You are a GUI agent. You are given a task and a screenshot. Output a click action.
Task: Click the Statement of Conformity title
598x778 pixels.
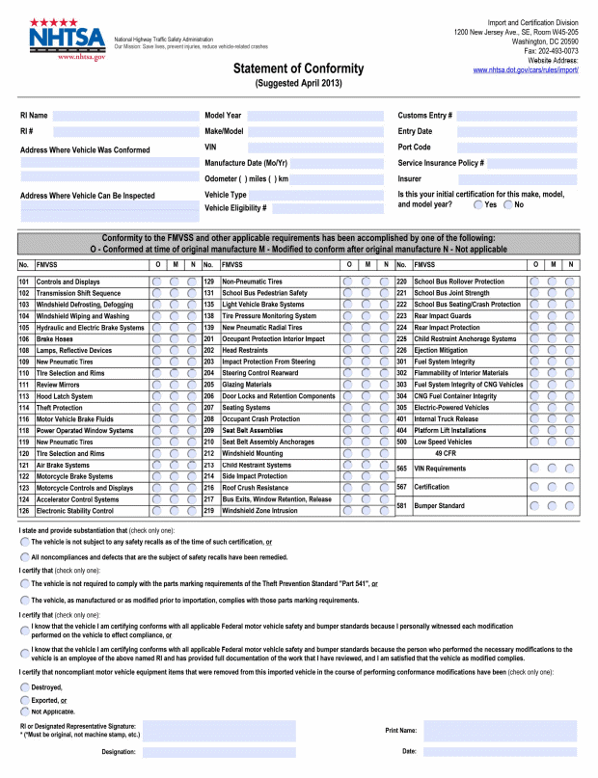coord(298,68)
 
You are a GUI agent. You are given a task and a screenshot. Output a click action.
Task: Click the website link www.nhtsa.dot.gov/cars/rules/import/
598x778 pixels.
coord(526,70)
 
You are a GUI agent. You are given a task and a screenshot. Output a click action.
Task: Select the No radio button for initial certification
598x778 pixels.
coord(507,204)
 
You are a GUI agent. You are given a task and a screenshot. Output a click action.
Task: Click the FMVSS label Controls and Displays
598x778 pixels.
coord(68,282)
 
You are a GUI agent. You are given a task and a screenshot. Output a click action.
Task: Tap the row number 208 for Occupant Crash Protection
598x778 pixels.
coord(208,419)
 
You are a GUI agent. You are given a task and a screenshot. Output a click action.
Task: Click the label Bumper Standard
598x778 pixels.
coord(440,505)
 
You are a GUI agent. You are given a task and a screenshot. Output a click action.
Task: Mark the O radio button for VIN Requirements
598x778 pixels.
coord(534,469)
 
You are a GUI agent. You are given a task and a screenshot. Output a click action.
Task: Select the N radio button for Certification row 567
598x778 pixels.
coord(570,487)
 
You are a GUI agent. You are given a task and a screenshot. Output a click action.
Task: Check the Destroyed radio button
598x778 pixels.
coord(24,686)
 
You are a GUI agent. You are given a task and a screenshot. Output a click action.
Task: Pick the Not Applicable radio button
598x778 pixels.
coord(24,711)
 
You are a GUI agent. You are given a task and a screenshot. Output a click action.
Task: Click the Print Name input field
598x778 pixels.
coord(501,731)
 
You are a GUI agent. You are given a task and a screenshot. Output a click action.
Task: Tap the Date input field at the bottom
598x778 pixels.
coord(501,751)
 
